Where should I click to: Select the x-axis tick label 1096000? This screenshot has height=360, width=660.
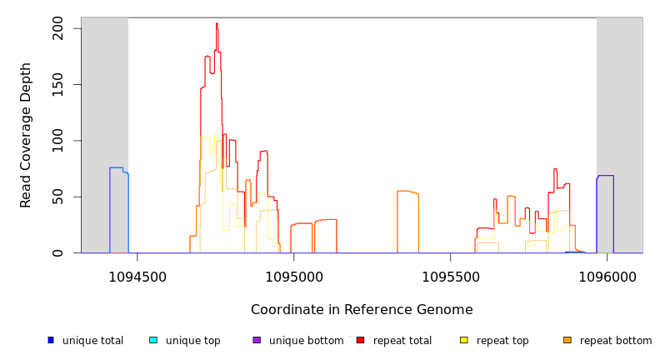[607, 277]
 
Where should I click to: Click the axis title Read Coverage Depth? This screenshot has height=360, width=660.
[27, 135]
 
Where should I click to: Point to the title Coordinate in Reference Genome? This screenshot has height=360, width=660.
[362, 310]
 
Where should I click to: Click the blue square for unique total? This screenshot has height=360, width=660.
[51, 340]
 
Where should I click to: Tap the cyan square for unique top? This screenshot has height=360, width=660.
[153, 340]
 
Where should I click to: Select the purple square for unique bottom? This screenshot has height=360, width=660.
[257, 340]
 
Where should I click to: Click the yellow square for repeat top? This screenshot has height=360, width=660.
[464, 340]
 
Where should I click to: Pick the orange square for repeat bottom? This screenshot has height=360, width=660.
[567, 340]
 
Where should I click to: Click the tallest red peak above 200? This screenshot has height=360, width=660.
[217, 24]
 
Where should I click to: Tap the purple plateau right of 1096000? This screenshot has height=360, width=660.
[605, 176]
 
